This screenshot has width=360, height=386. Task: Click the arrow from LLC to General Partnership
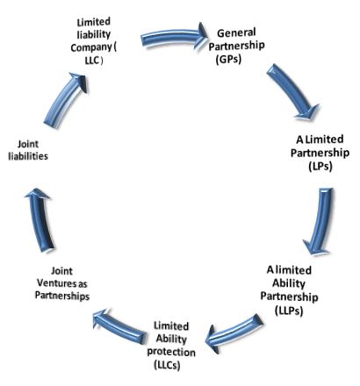(x=173, y=37)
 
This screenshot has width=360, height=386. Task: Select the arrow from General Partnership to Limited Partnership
(x=292, y=89)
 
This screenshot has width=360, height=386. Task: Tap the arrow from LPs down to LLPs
(x=320, y=221)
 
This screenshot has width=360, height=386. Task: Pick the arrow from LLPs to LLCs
(x=234, y=332)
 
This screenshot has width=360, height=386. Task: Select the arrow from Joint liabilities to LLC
(x=64, y=99)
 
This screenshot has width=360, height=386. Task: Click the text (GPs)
(x=228, y=59)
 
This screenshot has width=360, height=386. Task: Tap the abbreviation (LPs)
(x=320, y=166)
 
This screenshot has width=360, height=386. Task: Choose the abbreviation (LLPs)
(x=289, y=310)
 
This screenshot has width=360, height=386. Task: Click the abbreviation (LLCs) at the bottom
(x=167, y=365)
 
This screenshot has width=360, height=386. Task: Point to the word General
(x=236, y=32)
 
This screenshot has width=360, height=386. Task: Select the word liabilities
(x=28, y=156)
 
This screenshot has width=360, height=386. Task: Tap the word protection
(x=171, y=352)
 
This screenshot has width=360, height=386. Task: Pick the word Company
(x=91, y=47)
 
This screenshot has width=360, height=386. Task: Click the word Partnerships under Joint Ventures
(x=62, y=296)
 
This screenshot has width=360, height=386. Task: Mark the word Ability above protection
(x=171, y=339)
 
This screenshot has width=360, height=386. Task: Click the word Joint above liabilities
(x=28, y=144)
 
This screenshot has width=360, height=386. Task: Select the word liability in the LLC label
(x=94, y=34)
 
